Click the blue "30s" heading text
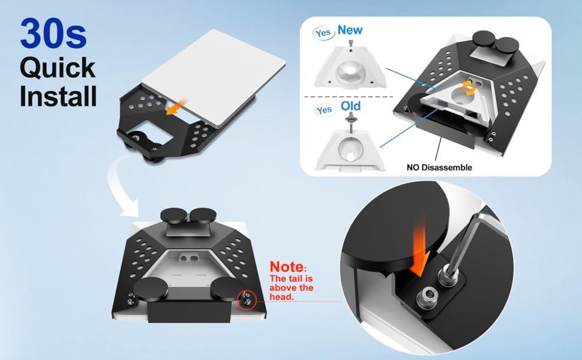coord(53,34)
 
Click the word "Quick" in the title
coord(58,68)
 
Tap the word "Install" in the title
coord(58,96)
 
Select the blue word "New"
coord(350,29)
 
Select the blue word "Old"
coord(350,106)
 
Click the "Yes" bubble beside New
coord(323,33)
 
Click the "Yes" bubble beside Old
coord(324,110)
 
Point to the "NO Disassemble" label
coord(439,167)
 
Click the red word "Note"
coord(286,267)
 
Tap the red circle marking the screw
coord(247,299)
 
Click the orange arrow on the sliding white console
coord(177,106)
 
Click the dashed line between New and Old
coord(349,97)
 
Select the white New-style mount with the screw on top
coord(350,66)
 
